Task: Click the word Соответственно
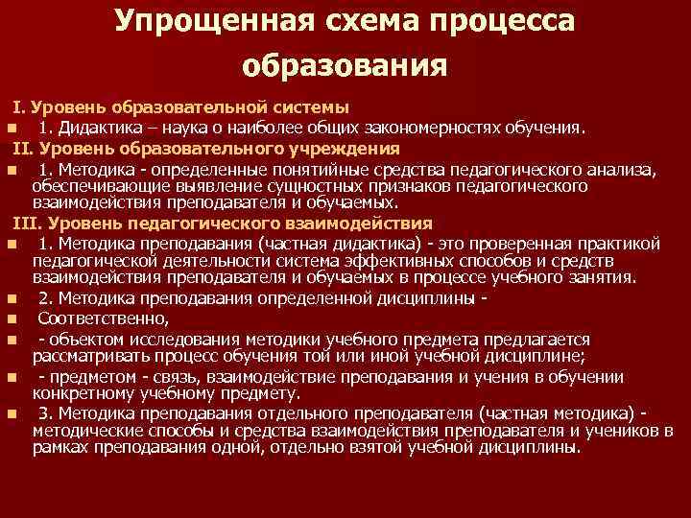[x=103, y=318]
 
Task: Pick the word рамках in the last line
[x=60, y=447]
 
